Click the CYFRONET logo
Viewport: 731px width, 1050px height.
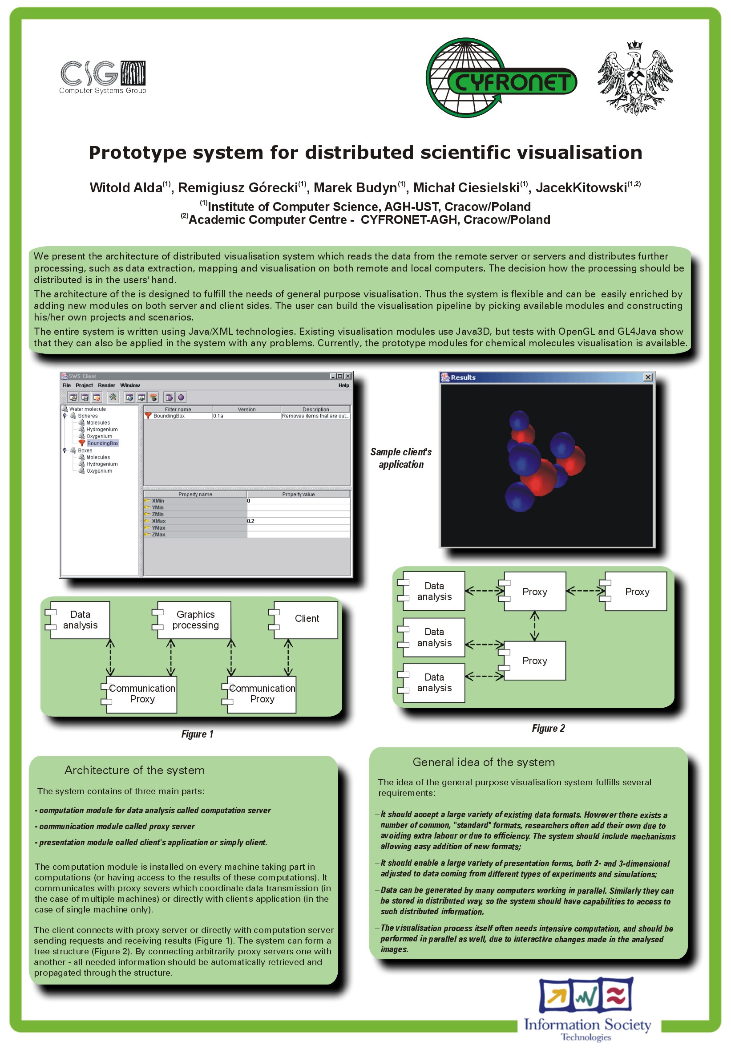pos(501,78)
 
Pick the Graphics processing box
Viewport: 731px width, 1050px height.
pos(192,620)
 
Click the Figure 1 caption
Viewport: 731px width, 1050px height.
pos(198,734)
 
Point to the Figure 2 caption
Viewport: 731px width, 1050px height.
pos(548,728)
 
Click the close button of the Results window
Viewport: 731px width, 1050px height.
pos(648,377)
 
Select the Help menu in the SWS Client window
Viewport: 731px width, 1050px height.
pos(344,385)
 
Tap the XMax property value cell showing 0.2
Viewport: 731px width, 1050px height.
pos(299,521)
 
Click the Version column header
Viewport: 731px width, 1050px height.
pos(247,409)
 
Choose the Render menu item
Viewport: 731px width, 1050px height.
pos(106,385)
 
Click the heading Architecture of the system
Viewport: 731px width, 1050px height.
pos(134,770)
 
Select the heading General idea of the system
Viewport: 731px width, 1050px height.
pos(484,762)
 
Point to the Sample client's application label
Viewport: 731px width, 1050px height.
pos(401,458)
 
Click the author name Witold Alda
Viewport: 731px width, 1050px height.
pos(126,187)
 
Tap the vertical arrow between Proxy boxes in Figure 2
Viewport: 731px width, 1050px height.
pos(534,626)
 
